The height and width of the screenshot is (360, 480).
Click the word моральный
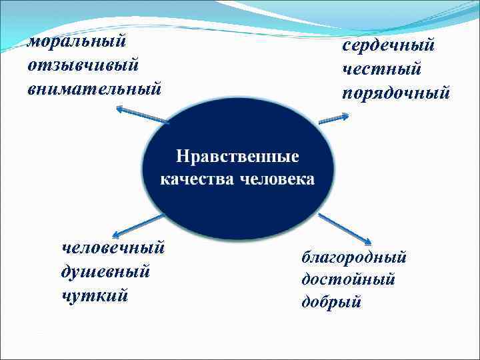(x=77, y=41)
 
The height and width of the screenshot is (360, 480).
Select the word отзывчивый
(x=83, y=65)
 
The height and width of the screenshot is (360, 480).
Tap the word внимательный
(x=95, y=88)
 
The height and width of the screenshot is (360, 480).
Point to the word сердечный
(x=389, y=45)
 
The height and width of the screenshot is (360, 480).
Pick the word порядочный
(x=396, y=92)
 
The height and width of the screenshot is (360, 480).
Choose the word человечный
(x=113, y=248)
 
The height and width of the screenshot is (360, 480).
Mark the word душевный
(x=105, y=271)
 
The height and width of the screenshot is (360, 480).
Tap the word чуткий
(x=93, y=295)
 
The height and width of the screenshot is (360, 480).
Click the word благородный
(x=354, y=257)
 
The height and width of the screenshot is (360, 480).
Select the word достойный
(x=348, y=279)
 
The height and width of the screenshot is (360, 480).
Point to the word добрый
(x=331, y=302)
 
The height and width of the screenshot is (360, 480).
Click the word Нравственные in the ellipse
(x=238, y=157)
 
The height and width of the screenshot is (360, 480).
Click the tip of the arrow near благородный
(x=369, y=242)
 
